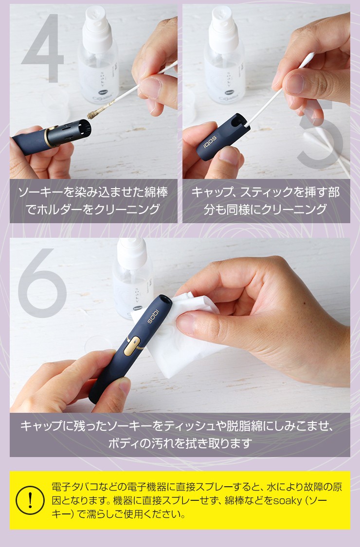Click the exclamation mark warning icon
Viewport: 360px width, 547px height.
click(x=30, y=500)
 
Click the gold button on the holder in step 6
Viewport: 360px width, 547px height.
click(x=132, y=346)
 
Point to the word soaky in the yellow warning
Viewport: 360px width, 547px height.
click(x=287, y=500)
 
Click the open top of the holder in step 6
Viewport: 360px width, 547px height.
click(x=164, y=300)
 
